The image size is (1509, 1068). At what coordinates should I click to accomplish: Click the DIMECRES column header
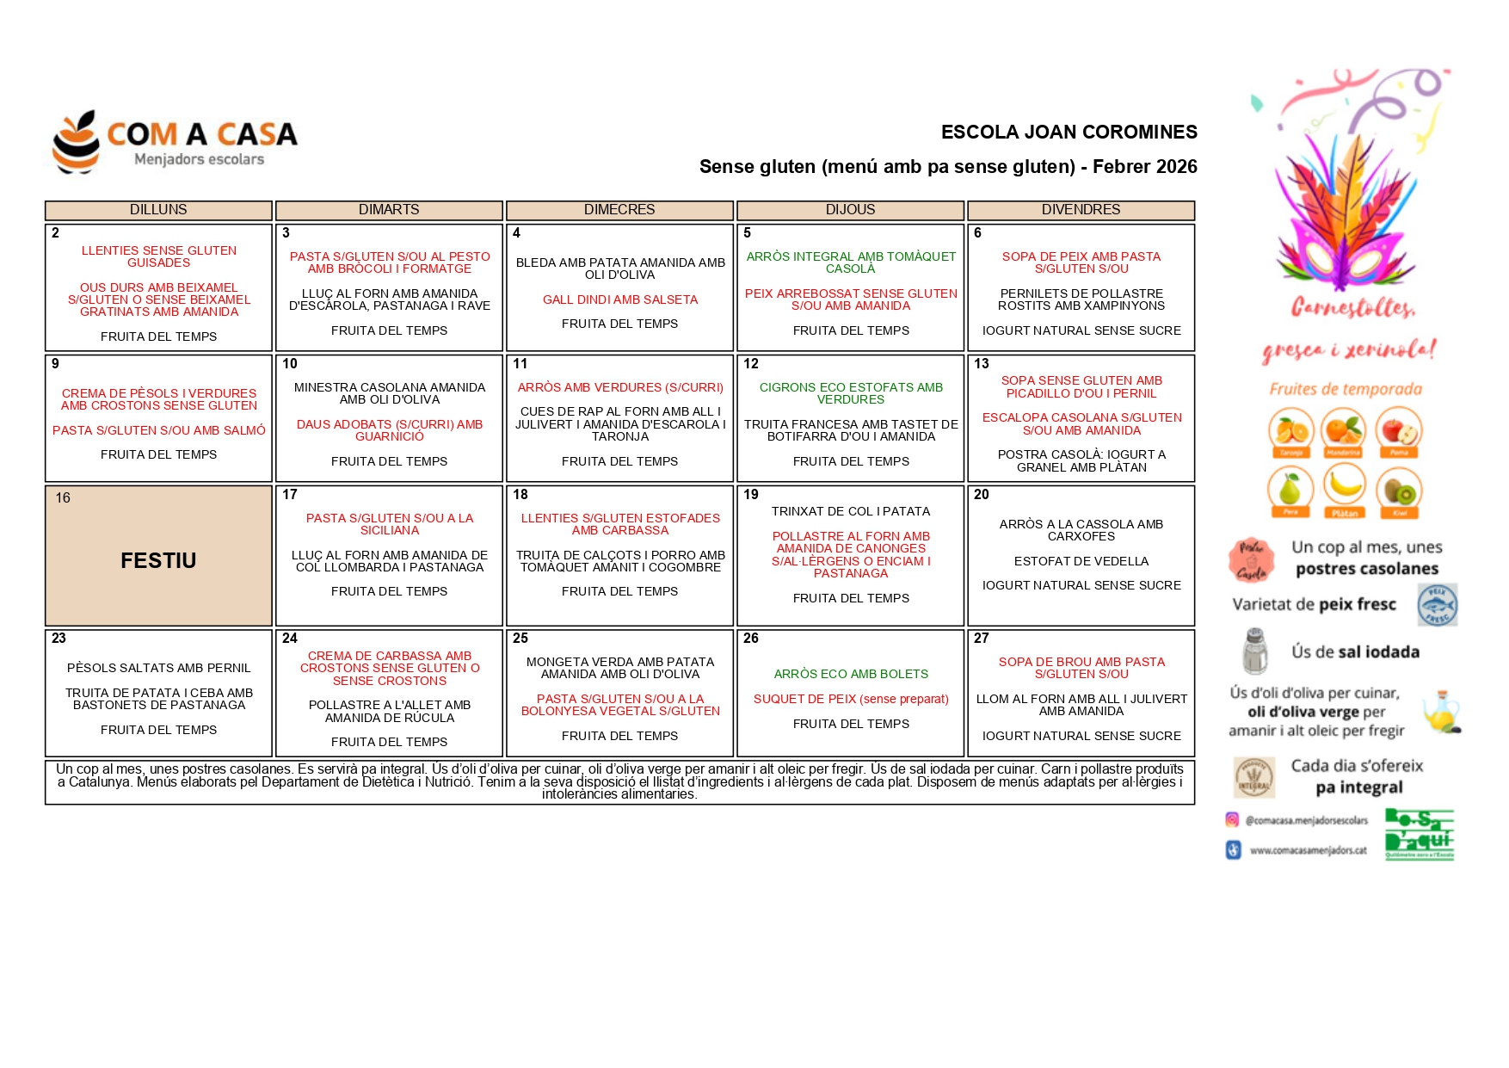[x=619, y=210]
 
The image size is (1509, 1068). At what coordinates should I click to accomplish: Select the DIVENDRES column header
[x=1081, y=210]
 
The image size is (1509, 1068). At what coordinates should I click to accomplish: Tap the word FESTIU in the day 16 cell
[x=158, y=561]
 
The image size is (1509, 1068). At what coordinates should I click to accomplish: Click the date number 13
[x=982, y=364]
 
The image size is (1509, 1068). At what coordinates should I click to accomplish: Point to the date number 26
[x=751, y=639]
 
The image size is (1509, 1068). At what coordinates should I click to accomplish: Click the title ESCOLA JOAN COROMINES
[x=1069, y=133]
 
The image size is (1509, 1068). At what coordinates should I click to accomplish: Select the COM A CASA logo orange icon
[x=77, y=142]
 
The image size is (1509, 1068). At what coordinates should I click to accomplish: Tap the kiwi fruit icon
[x=1399, y=490]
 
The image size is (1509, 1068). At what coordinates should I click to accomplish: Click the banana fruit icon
[x=1345, y=486]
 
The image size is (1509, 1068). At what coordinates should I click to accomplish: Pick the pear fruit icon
[x=1290, y=489]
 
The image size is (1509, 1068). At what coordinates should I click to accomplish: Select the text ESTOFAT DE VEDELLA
[x=1081, y=561]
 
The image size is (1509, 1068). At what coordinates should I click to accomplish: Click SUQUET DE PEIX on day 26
[x=851, y=699]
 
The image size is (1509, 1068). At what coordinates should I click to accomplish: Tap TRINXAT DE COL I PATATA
[x=851, y=511]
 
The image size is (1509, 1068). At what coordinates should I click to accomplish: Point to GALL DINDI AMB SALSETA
[x=620, y=299]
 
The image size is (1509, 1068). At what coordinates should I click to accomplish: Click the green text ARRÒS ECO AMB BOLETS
[x=851, y=674]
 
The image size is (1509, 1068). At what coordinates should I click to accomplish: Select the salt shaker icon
[x=1255, y=651]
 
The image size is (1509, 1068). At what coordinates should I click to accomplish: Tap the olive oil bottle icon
[x=1441, y=712]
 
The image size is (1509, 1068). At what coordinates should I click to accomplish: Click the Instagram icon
[x=1232, y=820]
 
